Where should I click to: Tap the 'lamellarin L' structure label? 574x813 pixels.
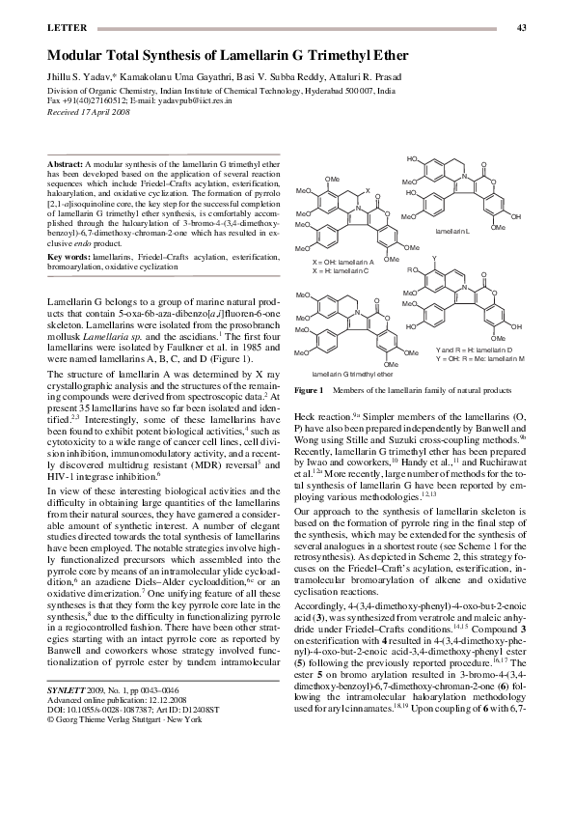tap(451, 233)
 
